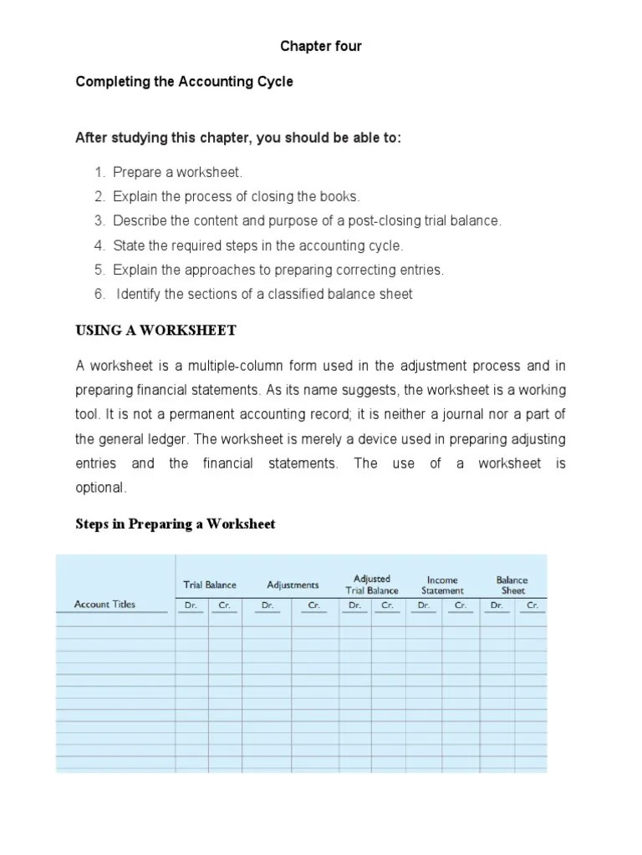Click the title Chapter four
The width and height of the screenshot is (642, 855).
[x=321, y=47]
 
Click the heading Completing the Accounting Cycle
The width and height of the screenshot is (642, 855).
[x=184, y=83]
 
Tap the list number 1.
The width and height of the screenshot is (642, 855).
[x=99, y=173]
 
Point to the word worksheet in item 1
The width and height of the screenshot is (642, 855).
[x=214, y=173]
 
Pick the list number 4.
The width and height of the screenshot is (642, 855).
[x=99, y=245]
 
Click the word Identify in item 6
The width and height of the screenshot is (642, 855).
[x=139, y=294]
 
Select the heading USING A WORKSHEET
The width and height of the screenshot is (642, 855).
[x=155, y=331]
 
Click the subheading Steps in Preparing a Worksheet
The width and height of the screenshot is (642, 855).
[x=176, y=524]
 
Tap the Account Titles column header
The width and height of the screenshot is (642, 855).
[x=104, y=605]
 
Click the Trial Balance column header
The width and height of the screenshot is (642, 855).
[x=210, y=585]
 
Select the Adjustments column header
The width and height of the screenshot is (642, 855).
[x=293, y=585]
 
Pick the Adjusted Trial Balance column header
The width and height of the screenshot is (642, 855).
[x=372, y=584]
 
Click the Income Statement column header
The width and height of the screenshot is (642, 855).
[x=442, y=584]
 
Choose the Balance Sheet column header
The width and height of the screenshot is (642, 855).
[x=512, y=584]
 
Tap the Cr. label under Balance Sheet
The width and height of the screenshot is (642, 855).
[x=532, y=605]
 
